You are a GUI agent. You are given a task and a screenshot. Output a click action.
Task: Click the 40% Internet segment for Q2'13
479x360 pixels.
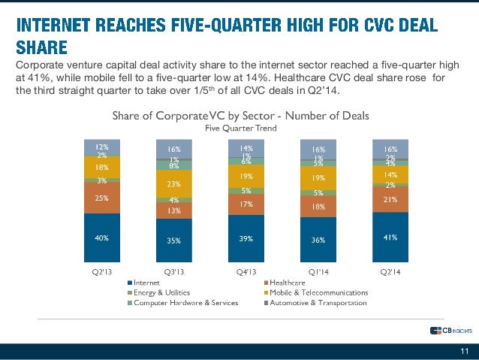tap(101, 237)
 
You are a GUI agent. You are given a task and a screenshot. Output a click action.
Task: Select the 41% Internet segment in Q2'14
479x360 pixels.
tap(390, 237)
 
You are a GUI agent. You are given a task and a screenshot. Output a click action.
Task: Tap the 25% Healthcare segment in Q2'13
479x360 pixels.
tap(101, 199)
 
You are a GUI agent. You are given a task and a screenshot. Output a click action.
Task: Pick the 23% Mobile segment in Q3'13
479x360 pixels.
tap(173, 183)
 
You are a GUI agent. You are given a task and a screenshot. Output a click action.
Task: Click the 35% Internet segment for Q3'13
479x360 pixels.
tap(173, 242)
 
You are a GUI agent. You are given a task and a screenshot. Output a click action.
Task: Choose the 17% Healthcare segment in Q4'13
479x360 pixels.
tap(246, 204)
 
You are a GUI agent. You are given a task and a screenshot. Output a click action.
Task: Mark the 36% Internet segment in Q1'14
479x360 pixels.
tap(318, 241)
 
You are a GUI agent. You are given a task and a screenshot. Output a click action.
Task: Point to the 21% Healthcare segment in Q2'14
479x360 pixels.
tap(390, 199)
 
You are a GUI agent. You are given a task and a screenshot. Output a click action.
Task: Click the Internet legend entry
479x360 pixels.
tap(150, 282)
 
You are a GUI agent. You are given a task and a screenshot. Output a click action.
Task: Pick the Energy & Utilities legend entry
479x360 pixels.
tap(161, 292)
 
